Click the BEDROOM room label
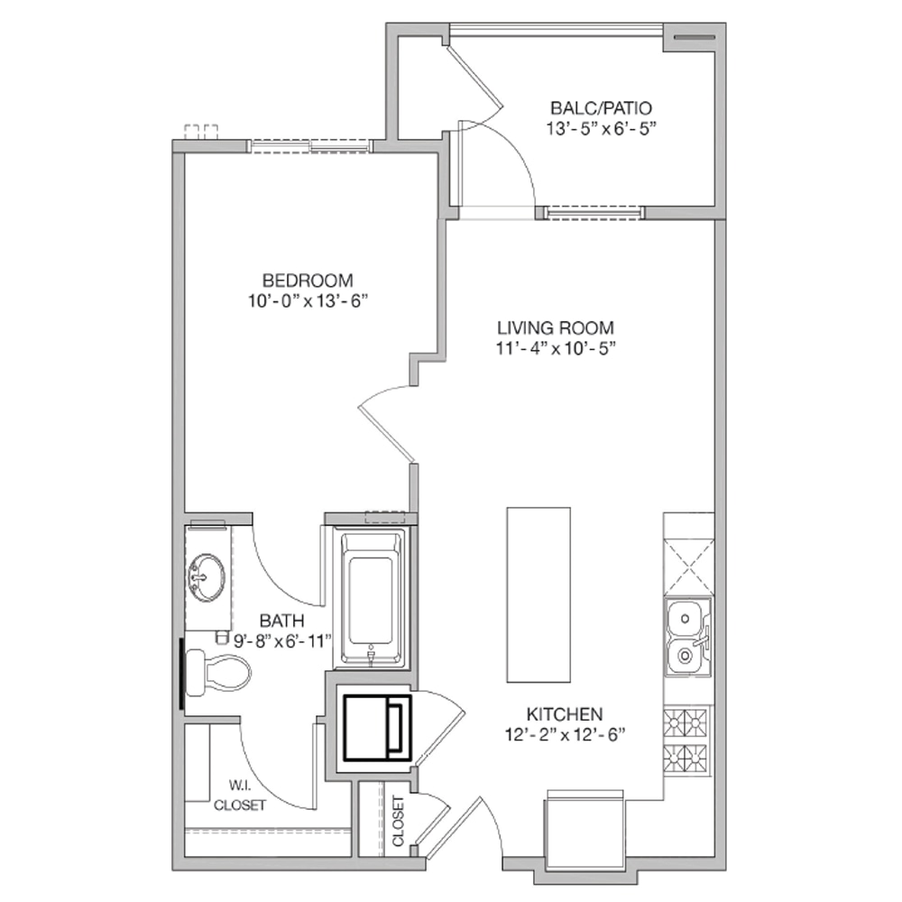[x=308, y=281]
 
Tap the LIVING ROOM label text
[x=556, y=328]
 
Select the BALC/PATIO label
[x=601, y=108]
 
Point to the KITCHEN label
[x=565, y=714]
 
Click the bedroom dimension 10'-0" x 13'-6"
[x=308, y=301]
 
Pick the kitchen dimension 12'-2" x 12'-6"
[x=565, y=734]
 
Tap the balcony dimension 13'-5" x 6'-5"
[x=601, y=129]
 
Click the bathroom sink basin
[x=207, y=577]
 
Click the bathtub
[x=372, y=598]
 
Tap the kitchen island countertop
[x=538, y=594]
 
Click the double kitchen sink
[x=688, y=637]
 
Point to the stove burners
[x=686, y=742]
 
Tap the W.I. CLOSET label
[x=239, y=796]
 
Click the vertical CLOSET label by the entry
[x=398, y=821]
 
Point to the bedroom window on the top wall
[x=310, y=146]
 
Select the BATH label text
[x=281, y=621]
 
